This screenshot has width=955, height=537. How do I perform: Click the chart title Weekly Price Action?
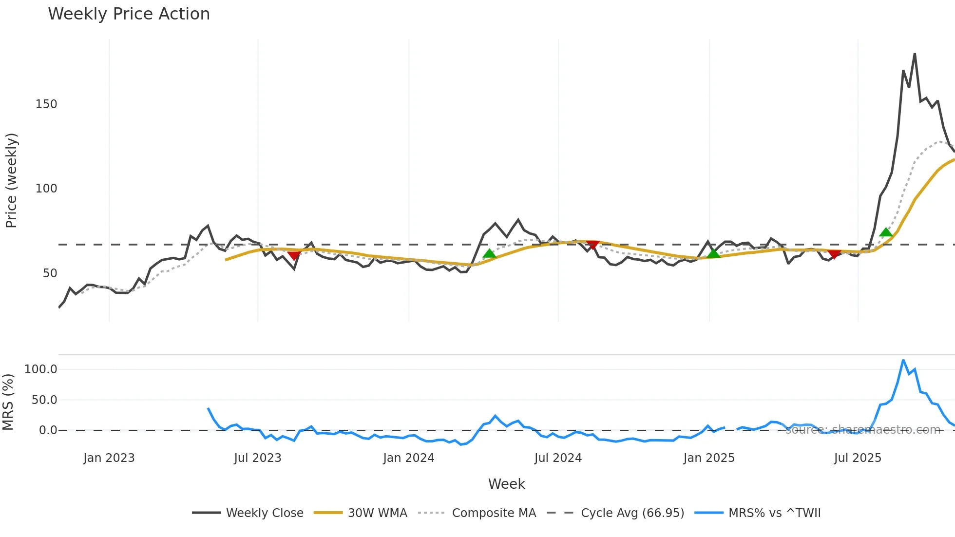pos(129,14)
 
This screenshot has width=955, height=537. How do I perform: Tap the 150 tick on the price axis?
pos(46,104)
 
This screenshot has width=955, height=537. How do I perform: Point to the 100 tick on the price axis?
pos(46,189)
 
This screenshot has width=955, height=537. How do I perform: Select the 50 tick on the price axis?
pos(50,273)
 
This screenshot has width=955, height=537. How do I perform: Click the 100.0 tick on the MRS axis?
pos(41,369)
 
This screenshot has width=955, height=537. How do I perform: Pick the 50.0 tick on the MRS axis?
pos(44,400)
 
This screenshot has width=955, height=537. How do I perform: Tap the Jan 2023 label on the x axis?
pos(109,458)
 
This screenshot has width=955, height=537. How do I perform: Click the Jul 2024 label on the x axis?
pos(558,458)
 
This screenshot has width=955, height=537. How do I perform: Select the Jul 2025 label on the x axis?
pos(858,458)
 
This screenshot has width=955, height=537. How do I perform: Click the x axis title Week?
pos(506,484)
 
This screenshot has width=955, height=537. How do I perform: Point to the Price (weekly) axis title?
pos(11,180)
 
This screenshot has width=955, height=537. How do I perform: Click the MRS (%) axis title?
pos(8,402)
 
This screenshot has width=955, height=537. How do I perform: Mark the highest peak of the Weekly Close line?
pos(915,54)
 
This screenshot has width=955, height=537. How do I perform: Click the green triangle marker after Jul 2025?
pos(886,232)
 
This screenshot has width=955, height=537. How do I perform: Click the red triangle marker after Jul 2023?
pos(294,255)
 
